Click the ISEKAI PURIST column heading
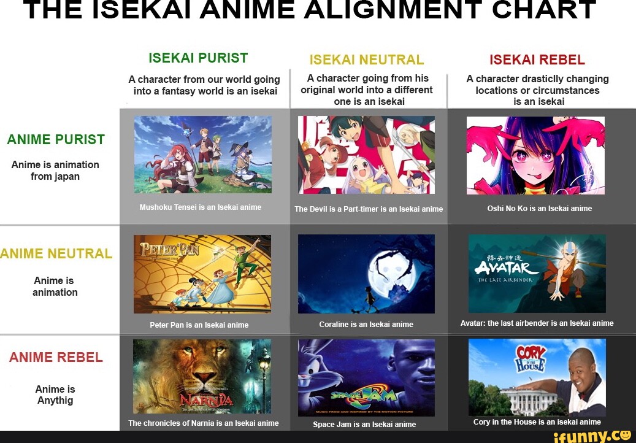(198, 58)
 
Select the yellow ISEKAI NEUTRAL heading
(367, 60)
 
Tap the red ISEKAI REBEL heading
(537, 60)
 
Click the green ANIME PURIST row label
(56, 140)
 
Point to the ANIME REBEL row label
(56, 358)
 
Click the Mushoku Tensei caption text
(200, 207)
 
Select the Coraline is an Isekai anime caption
(366, 325)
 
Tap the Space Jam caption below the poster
(364, 425)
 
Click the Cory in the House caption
(537, 422)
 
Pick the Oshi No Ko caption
(540, 209)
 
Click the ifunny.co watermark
(592, 436)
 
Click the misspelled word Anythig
(55, 401)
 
